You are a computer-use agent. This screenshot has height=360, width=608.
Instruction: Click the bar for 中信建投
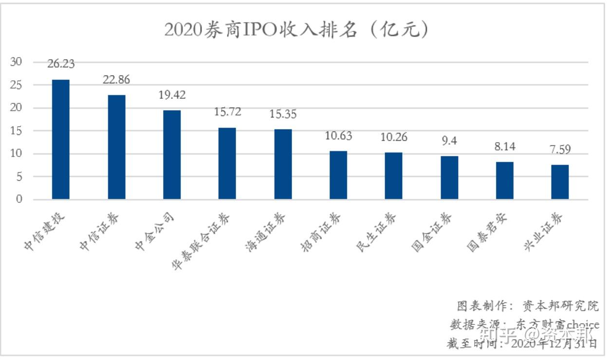point(61,139)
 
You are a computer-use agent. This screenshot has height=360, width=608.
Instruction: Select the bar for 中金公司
point(172,155)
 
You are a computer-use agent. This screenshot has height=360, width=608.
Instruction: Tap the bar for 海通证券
point(283,164)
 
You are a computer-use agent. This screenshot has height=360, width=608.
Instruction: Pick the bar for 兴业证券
point(560,182)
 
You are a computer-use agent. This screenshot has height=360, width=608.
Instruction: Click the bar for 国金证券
point(449,178)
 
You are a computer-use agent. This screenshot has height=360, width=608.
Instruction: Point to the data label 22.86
point(116,79)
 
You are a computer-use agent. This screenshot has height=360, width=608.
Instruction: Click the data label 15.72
point(227,112)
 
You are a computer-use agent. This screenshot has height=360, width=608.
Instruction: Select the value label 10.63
point(338,135)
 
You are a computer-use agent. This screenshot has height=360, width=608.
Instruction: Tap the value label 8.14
point(504,147)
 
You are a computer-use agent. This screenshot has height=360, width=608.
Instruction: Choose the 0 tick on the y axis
point(19,200)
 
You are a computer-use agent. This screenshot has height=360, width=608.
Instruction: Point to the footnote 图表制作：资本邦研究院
point(528,306)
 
